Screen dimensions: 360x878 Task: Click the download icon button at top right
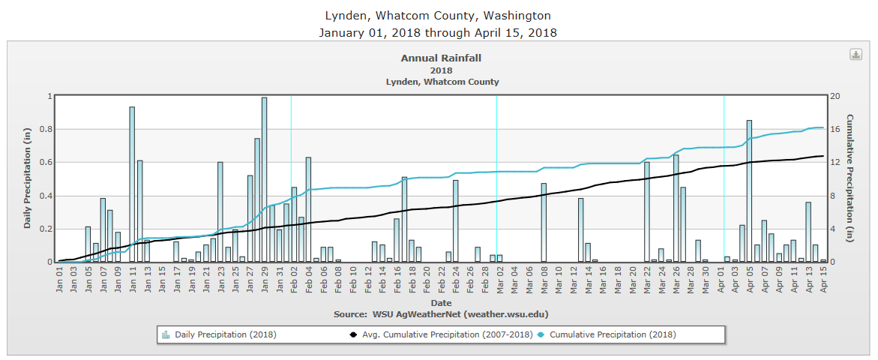pyautogui.click(x=856, y=55)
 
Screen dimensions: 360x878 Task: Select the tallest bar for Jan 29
pyautogui.click(x=265, y=180)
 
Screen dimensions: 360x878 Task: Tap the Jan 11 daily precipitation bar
pyautogui.click(x=132, y=184)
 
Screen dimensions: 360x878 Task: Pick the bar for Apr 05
pyautogui.click(x=749, y=191)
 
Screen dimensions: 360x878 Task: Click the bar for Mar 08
pyautogui.click(x=544, y=223)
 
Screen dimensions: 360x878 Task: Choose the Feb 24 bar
pyautogui.click(x=455, y=221)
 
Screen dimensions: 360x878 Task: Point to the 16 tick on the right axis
pyautogui.click(x=834, y=129)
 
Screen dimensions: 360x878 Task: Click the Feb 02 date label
pyautogui.click(x=295, y=283)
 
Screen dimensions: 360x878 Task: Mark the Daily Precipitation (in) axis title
pyautogui.click(x=28, y=178)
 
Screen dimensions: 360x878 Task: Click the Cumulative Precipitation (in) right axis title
pyautogui.click(x=850, y=178)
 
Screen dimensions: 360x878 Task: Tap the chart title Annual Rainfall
pyautogui.click(x=442, y=58)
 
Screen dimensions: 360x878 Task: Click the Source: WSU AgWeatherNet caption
pyautogui.click(x=442, y=313)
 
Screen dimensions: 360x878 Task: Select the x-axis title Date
pyautogui.click(x=442, y=302)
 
